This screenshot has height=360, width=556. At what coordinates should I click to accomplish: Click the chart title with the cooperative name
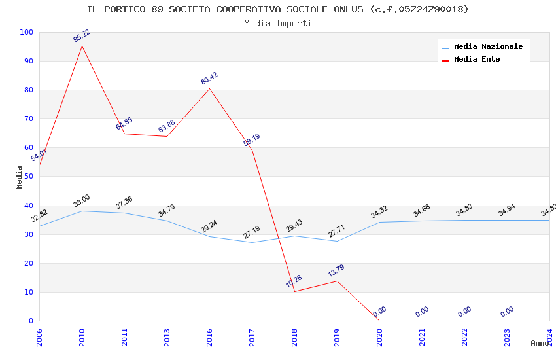(278, 9)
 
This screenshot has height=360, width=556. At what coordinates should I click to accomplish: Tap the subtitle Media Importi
(278, 23)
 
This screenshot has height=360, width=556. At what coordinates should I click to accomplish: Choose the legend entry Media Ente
(477, 60)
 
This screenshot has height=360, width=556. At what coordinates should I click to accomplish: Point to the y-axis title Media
(20, 177)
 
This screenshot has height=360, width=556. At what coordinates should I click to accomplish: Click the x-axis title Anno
(540, 343)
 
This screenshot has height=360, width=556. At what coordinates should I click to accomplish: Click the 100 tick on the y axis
(27, 32)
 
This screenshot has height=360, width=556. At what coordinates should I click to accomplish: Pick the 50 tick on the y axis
(29, 177)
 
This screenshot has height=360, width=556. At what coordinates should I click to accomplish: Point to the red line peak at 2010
(82, 46)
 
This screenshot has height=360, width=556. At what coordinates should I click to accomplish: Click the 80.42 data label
(209, 79)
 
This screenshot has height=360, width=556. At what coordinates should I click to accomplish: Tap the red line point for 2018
(294, 291)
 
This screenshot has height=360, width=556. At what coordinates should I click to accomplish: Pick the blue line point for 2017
(252, 242)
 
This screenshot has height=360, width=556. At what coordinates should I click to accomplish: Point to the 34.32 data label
(379, 212)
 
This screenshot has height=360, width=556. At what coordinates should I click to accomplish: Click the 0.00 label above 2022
(464, 312)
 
